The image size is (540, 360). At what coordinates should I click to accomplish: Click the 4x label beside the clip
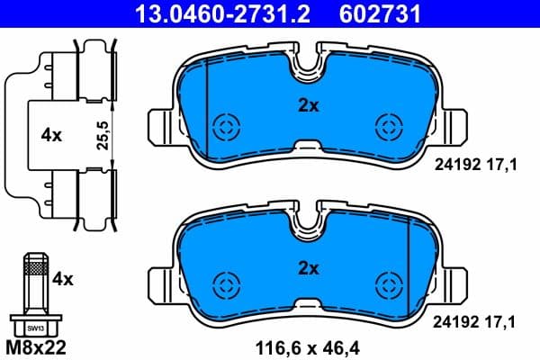tap(50, 135)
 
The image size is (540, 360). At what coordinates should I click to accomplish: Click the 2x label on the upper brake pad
tap(309, 104)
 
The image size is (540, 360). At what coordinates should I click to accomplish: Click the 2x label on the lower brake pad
tap(309, 266)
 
